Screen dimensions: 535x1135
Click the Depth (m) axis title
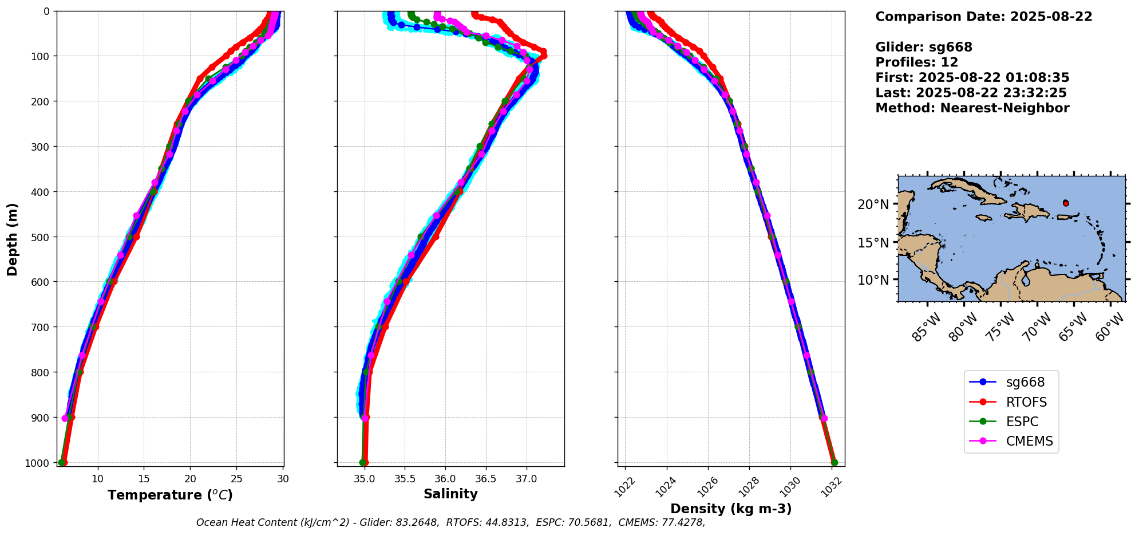click(x=12, y=239)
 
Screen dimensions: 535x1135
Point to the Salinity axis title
click(x=450, y=494)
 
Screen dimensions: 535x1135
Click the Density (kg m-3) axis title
click(x=731, y=509)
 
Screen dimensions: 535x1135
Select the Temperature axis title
click(x=170, y=495)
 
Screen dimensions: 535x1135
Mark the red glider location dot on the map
click(x=1066, y=203)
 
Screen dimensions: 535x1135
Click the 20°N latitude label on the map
click(x=873, y=204)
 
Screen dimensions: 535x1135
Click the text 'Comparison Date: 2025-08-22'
click(x=983, y=17)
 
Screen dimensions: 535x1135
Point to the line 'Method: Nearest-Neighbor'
click(x=972, y=108)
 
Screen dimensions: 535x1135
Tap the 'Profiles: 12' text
click(x=916, y=62)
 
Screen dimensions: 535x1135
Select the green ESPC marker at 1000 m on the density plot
click(x=834, y=462)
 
